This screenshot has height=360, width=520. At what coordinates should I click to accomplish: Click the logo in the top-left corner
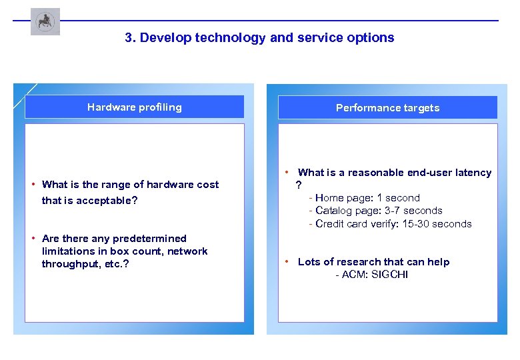pyautogui.click(x=45, y=21)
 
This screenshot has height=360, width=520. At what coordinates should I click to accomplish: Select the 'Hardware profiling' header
pyautogui.click(x=134, y=107)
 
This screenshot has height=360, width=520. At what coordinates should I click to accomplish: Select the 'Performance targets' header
pyautogui.click(x=387, y=108)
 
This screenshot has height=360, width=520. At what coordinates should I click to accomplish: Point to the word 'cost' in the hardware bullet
pyautogui.click(x=207, y=185)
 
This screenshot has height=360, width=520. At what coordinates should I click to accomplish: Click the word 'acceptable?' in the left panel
pyautogui.click(x=107, y=201)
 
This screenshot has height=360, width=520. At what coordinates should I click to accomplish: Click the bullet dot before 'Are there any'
pyautogui.click(x=33, y=238)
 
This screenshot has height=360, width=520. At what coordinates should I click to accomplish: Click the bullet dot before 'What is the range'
pyautogui.click(x=33, y=184)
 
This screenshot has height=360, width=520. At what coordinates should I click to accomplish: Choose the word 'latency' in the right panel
pyautogui.click(x=473, y=173)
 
